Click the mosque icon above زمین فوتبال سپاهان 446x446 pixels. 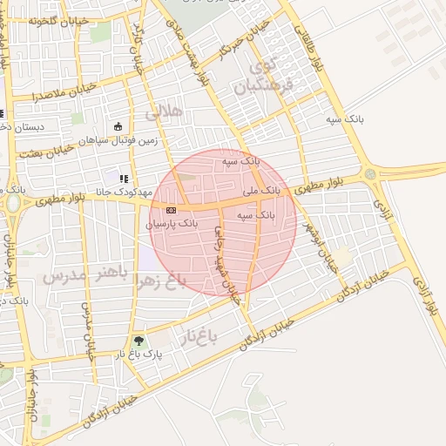coord(118,126)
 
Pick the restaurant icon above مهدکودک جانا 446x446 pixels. coord(123,179)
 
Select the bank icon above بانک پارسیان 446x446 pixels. coord(170,210)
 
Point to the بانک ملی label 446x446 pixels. coord(261,188)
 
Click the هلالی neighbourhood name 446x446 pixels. coord(165,112)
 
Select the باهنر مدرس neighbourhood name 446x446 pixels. coord(84,277)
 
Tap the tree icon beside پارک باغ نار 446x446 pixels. coord(138,341)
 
